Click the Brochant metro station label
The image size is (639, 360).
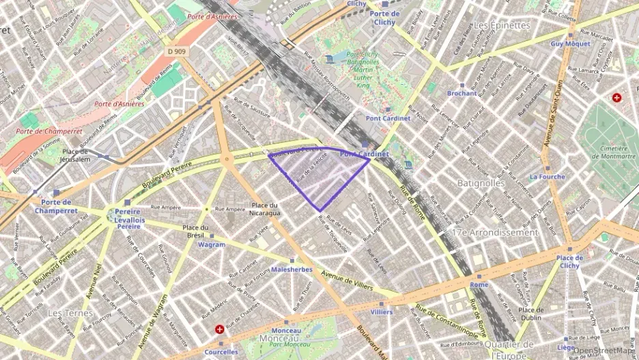(x=461, y=94)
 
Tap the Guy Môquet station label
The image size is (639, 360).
(x=565, y=44)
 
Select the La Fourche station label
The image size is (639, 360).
(x=547, y=177)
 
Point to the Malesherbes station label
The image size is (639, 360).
(x=292, y=270)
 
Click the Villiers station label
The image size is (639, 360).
(x=381, y=312)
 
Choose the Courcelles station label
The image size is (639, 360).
(x=221, y=352)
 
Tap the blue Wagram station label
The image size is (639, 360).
(x=211, y=245)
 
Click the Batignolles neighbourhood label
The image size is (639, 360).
(x=481, y=183)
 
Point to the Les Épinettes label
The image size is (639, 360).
(x=502, y=25)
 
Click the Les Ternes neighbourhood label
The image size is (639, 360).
(x=70, y=313)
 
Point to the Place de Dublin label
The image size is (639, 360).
(x=530, y=314)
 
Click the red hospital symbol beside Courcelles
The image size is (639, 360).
(x=220, y=329)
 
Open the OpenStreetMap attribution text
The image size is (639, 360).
(x=605, y=351)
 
